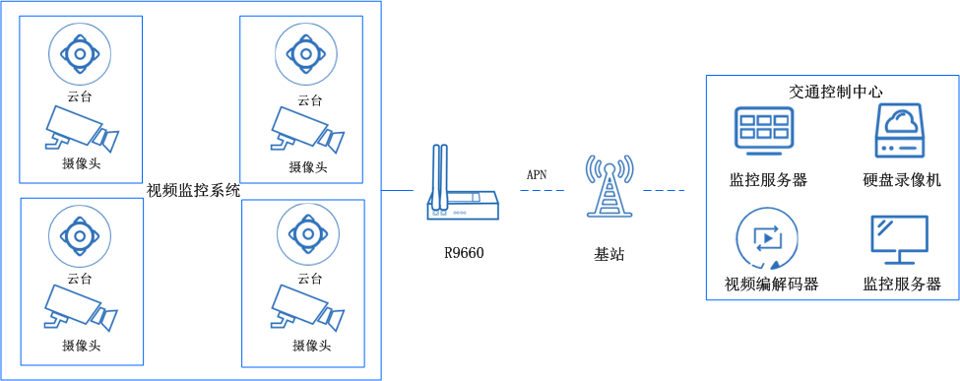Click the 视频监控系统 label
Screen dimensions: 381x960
click(x=193, y=190)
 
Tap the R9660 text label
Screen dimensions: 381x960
click(x=464, y=253)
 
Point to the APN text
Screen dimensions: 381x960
click(x=537, y=174)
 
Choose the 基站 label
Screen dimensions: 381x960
click(x=608, y=253)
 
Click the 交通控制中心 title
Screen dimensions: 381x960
click(x=835, y=91)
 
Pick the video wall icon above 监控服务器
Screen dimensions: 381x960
click(x=764, y=132)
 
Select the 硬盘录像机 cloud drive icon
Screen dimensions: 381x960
click(x=901, y=132)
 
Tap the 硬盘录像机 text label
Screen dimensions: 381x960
click(x=902, y=180)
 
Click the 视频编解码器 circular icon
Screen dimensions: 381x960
click(x=766, y=241)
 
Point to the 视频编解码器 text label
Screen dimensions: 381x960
click(x=772, y=285)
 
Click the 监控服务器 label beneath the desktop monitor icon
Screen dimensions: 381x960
click(x=902, y=285)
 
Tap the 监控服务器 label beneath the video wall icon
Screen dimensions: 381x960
click(x=768, y=180)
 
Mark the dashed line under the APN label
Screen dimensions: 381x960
click(x=541, y=189)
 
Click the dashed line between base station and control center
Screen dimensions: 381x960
click(x=664, y=189)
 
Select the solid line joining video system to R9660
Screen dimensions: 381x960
click(x=397, y=189)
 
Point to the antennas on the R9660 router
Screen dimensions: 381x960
click(x=439, y=172)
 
